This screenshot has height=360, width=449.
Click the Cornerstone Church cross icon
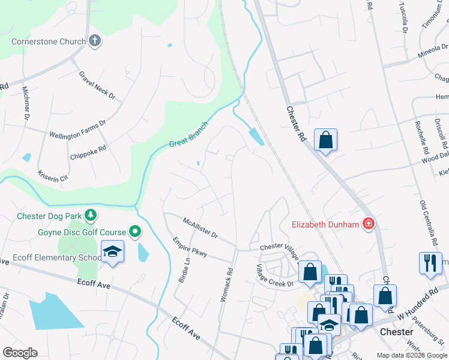(x=94, y=41)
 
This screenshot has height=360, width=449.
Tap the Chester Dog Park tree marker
(x=91, y=215)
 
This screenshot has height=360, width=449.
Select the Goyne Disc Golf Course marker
(x=136, y=232)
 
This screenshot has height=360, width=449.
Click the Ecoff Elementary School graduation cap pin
(x=112, y=252)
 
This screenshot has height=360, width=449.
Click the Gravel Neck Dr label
(x=97, y=86)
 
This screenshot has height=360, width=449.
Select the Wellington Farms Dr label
(x=77, y=128)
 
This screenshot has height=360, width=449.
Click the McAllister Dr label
(x=200, y=227)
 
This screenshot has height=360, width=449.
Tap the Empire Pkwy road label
(x=190, y=247)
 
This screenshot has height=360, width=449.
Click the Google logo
(x=20, y=353)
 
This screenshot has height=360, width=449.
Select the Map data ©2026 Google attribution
(x=411, y=355)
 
